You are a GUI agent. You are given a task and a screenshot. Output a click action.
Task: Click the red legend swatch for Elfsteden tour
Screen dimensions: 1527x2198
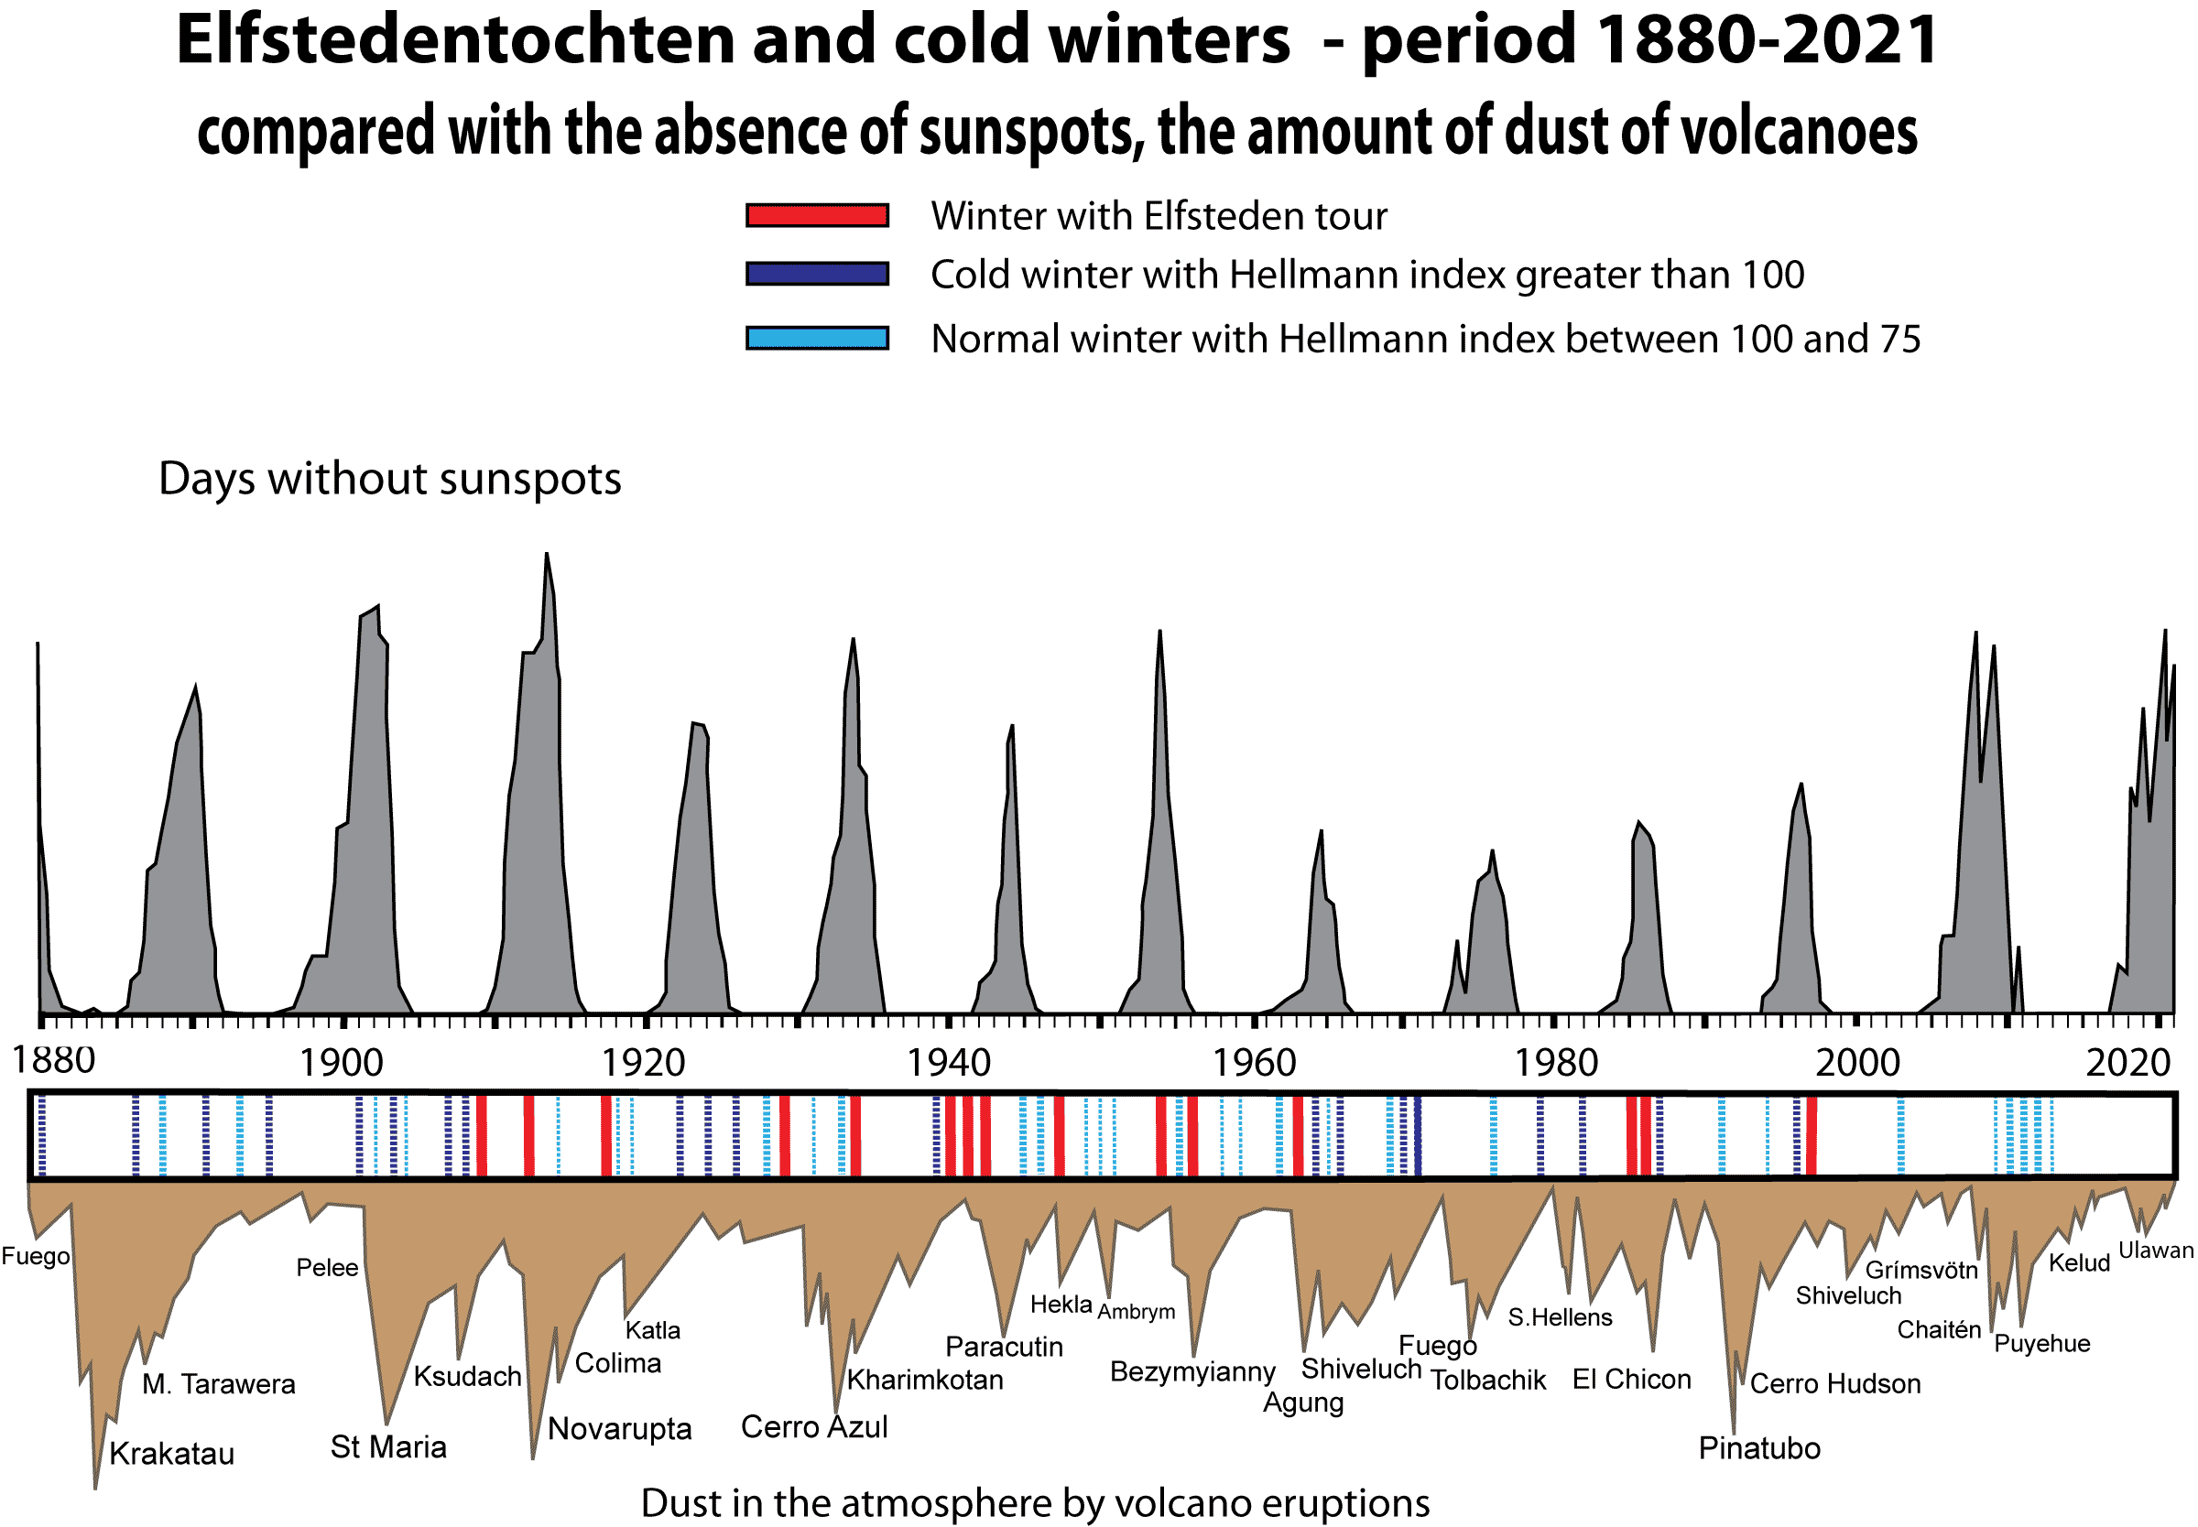(x=816, y=215)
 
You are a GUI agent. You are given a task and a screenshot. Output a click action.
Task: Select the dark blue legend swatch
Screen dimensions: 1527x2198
(x=816, y=274)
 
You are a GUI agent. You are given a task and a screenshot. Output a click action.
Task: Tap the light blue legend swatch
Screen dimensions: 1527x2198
(x=816, y=338)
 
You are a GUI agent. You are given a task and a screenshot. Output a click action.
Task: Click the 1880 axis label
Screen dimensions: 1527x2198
(x=54, y=1060)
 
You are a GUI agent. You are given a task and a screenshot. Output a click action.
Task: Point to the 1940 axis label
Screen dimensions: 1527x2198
(x=947, y=1063)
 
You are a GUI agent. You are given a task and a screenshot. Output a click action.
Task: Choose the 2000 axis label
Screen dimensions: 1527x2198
(x=1856, y=1063)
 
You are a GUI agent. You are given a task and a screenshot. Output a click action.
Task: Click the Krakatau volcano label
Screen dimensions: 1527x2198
(x=171, y=1454)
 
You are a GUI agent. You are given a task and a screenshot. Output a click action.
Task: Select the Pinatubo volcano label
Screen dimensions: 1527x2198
(x=1758, y=1447)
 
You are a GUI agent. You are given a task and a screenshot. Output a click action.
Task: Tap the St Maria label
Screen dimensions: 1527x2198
(x=387, y=1446)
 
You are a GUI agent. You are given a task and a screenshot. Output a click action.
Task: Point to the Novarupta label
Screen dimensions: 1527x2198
(x=619, y=1428)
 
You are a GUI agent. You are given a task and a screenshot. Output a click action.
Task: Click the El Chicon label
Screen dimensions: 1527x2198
(x=1631, y=1379)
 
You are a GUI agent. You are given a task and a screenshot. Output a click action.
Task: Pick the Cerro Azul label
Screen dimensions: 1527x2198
(x=813, y=1426)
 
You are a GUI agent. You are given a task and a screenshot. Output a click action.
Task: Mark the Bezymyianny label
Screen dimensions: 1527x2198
(x=1191, y=1371)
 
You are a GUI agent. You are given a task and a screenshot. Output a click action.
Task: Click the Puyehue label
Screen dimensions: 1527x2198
(x=2041, y=1343)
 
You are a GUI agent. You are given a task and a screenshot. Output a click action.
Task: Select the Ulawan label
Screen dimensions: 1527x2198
(x=2155, y=1250)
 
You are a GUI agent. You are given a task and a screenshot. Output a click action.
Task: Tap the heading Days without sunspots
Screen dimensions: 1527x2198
(x=389, y=479)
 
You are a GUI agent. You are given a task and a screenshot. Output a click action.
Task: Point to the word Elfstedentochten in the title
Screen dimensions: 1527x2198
(x=456, y=40)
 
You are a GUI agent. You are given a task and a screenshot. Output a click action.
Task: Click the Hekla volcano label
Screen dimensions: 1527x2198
(x=1061, y=1304)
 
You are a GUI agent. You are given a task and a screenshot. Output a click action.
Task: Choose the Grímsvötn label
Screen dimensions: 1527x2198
(x=1921, y=1270)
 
